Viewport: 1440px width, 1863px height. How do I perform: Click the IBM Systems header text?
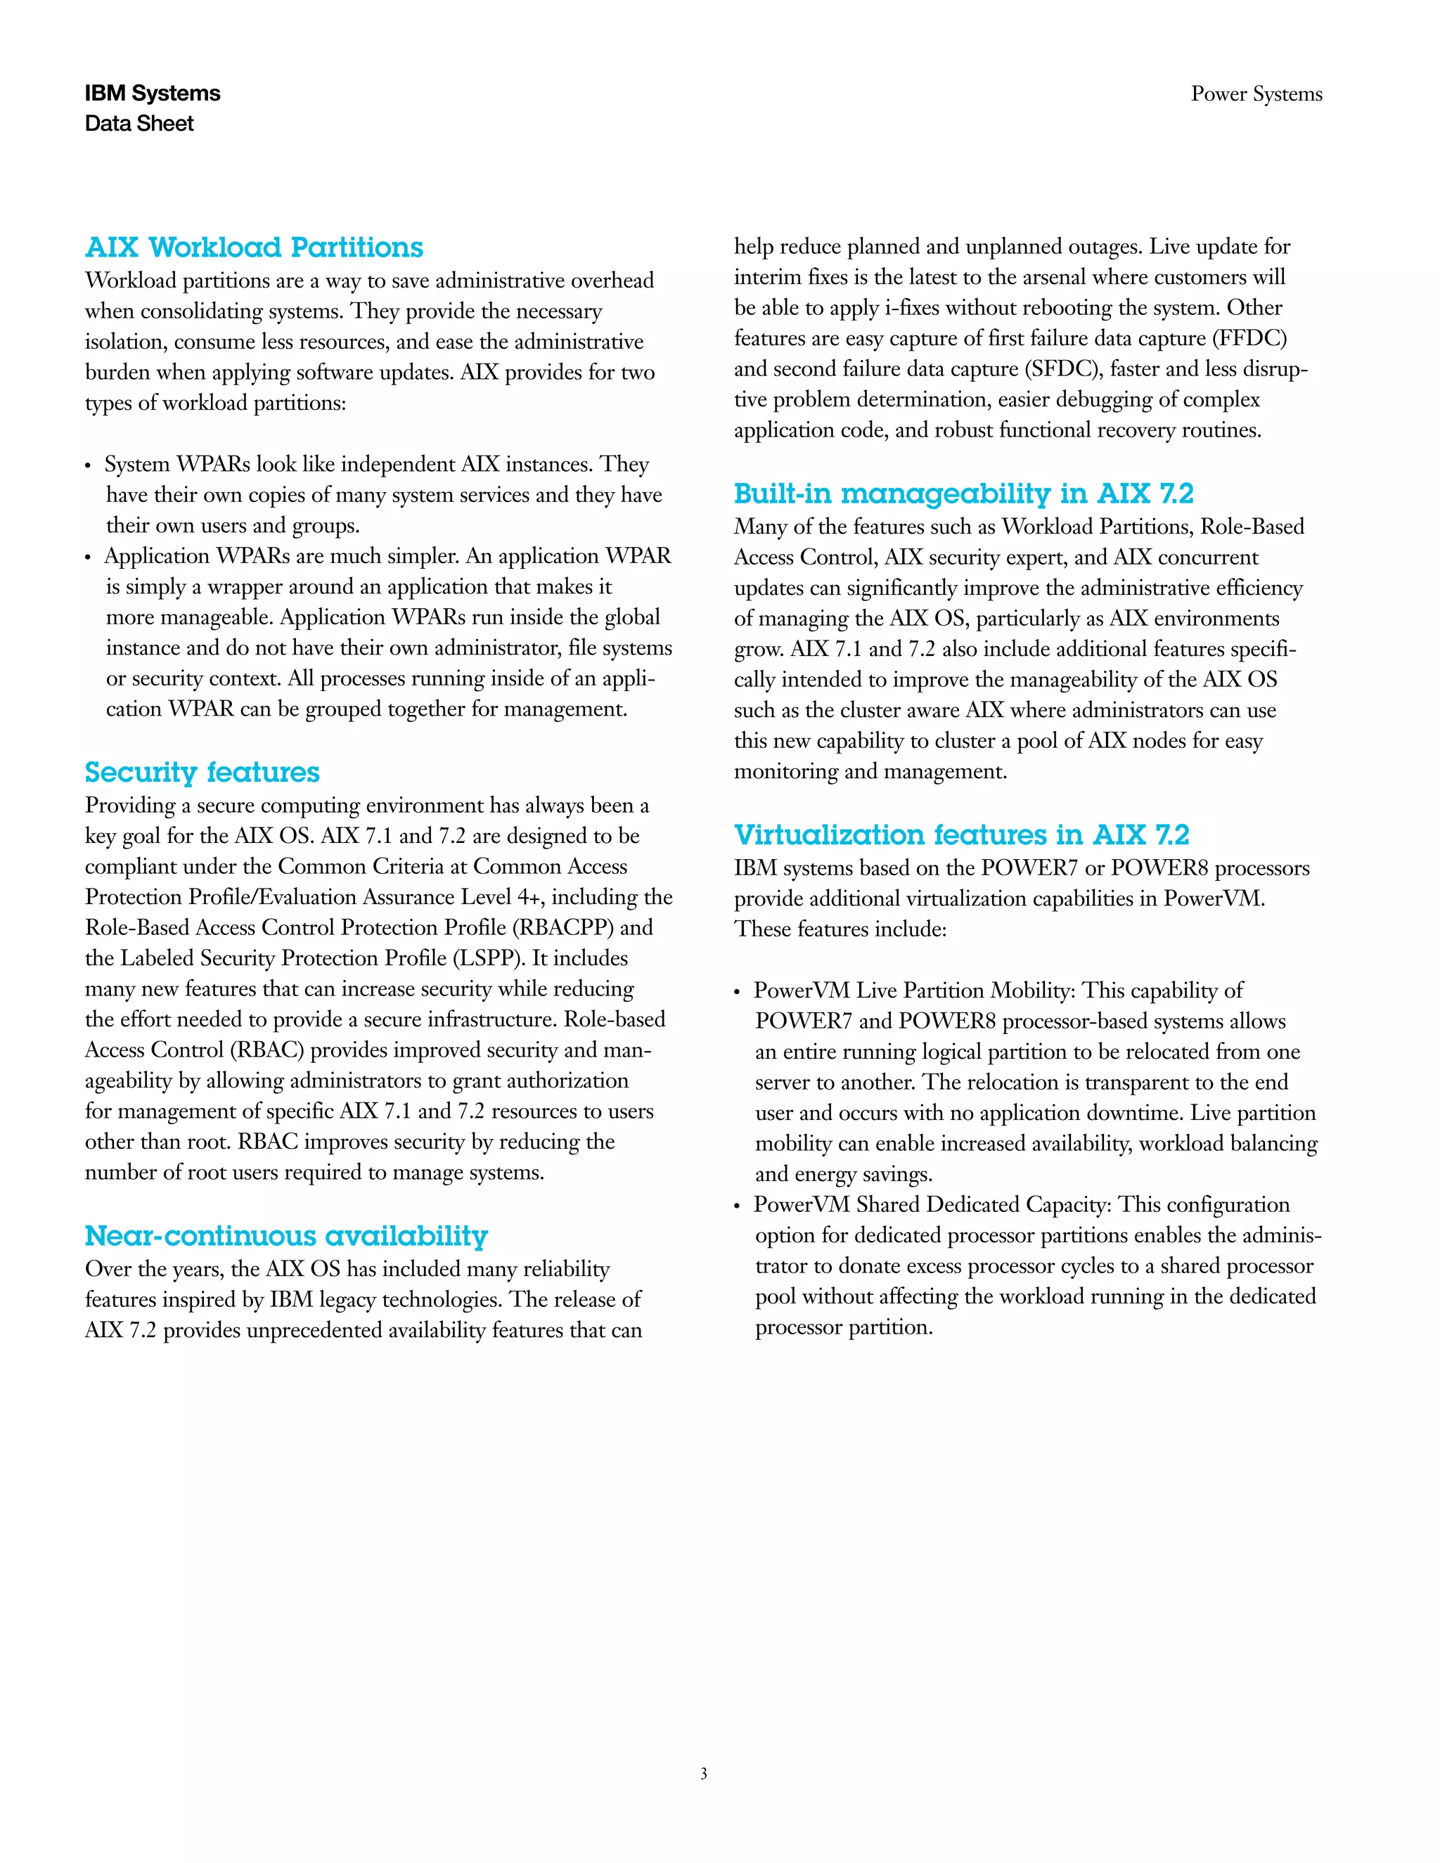152,94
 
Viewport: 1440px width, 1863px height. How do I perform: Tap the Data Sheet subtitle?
139,124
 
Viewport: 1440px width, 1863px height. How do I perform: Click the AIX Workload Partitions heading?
255,247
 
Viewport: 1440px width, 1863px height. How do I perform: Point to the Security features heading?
202,772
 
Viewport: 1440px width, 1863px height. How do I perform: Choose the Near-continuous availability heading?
285,1235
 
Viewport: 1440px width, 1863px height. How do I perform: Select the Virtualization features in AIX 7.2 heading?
961,834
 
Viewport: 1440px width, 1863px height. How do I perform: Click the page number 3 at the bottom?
703,1774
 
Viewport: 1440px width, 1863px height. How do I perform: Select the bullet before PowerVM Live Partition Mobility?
738,993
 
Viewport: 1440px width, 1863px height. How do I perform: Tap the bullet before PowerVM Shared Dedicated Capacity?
738,1207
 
